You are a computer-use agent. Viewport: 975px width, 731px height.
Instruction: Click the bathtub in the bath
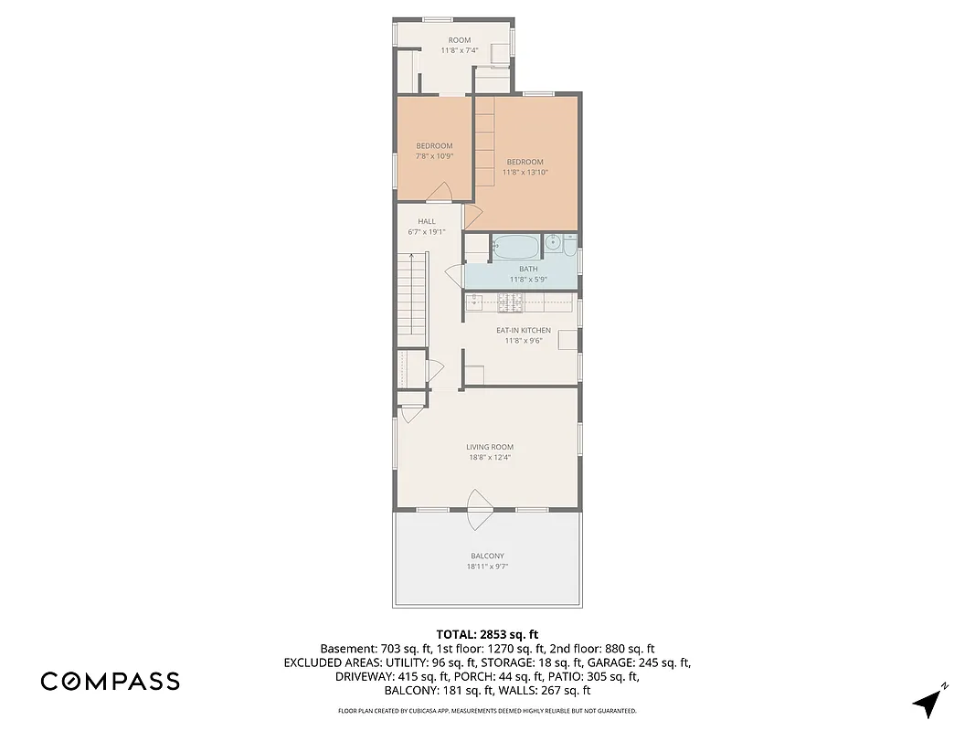(x=516, y=247)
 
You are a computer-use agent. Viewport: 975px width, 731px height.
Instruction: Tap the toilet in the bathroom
(x=569, y=245)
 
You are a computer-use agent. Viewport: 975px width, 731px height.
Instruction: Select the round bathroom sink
(x=553, y=244)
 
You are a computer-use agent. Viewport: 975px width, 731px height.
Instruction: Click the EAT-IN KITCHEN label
(x=523, y=330)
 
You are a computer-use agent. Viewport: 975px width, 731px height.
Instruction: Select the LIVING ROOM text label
(x=489, y=447)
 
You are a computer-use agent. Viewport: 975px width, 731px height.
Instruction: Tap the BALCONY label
(x=487, y=556)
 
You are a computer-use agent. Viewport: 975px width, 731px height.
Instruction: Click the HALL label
(x=427, y=221)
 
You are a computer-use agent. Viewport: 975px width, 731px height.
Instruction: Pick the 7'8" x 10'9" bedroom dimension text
(x=434, y=156)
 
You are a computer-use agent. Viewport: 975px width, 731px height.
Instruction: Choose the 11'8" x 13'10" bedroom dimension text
(x=525, y=173)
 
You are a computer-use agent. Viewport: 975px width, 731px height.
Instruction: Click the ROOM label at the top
(x=459, y=40)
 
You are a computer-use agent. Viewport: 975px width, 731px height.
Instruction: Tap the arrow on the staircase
(x=412, y=260)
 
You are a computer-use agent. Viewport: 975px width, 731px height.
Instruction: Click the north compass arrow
(x=929, y=701)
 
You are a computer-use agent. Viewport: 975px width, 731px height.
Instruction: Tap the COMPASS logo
(x=110, y=682)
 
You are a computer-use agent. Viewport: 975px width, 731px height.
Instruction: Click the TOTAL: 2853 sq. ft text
(x=487, y=633)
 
